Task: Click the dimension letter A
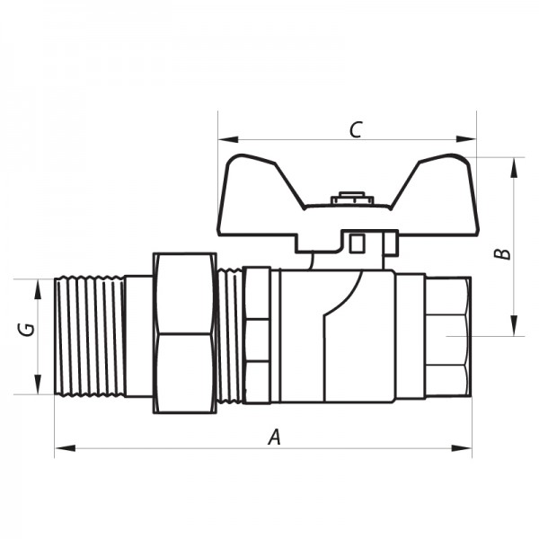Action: (x=276, y=437)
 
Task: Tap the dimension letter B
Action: (x=505, y=252)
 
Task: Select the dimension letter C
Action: (x=355, y=129)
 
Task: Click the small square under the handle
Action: (x=358, y=243)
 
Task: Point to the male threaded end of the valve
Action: (x=90, y=336)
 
